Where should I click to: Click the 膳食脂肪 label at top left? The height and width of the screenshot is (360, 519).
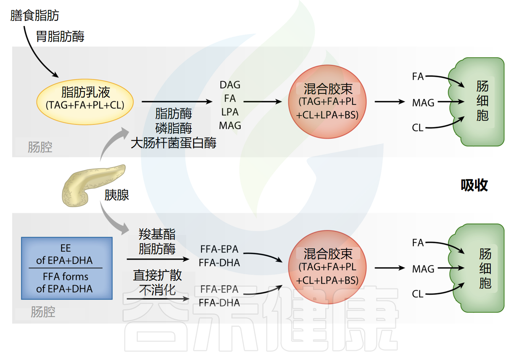(x=35, y=16)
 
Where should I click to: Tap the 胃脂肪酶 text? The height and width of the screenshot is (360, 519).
(x=60, y=37)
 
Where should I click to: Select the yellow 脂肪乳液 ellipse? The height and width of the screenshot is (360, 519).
(x=85, y=102)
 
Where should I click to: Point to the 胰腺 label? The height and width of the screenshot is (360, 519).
(x=117, y=195)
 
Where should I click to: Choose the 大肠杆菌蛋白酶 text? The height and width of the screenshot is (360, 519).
(x=173, y=143)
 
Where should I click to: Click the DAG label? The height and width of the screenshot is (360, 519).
(x=230, y=85)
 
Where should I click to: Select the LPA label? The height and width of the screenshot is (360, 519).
(x=230, y=112)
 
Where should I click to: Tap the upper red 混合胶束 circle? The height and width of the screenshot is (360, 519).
(x=327, y=102)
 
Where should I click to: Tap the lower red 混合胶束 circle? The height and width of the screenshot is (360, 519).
(x=327, y=267)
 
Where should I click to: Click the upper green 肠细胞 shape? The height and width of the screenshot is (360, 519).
(x=479, y=102)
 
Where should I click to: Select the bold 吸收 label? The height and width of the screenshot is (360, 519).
(x=474, y=185)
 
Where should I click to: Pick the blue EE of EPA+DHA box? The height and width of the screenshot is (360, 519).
(x=67, y=268)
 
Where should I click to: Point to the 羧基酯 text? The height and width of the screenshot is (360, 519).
(x=157, y=234)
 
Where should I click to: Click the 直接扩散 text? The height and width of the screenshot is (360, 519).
(x=157, y=275)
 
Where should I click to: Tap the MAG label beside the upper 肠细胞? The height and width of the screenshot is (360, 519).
(x=423, y=103)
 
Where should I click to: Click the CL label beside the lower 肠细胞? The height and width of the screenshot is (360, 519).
(x=417, y=294)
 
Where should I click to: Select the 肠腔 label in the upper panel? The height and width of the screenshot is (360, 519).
(x=40, y=147)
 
